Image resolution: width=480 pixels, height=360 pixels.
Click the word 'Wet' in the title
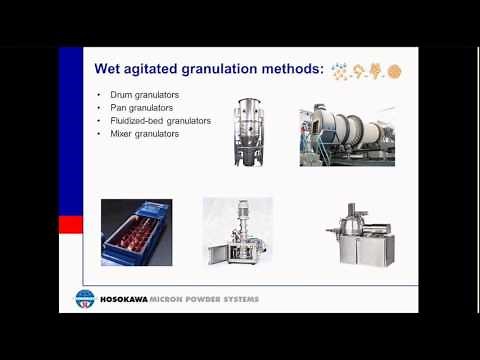point(108,70)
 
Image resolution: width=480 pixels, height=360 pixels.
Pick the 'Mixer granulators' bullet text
point(141,133)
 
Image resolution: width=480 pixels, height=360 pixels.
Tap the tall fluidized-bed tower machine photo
point(246,132)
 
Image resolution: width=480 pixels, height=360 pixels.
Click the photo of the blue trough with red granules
point(136,232)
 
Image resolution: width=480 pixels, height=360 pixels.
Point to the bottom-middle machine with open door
point(238,232)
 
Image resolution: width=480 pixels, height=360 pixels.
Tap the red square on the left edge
point(70,224)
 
